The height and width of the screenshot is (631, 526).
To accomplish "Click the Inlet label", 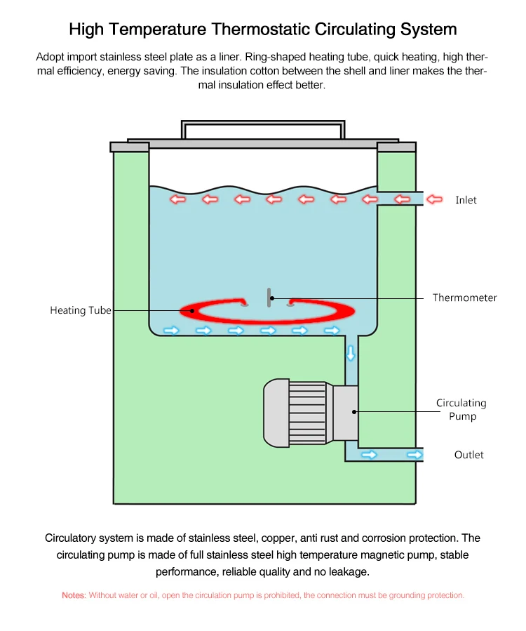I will [466, 200].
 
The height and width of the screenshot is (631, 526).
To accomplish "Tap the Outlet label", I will [468, 455].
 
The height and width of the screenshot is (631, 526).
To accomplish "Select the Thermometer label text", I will [464, 298].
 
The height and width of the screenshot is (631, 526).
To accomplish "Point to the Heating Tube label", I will [80, 310].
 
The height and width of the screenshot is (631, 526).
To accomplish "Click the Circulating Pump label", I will [461, 409].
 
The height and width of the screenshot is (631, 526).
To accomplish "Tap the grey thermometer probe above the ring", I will [269, 298].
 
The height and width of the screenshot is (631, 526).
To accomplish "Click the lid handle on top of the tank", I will [263, 129].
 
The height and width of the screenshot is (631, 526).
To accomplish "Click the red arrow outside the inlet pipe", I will [435, 199].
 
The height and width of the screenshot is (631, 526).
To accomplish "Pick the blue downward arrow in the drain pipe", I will [351, 353].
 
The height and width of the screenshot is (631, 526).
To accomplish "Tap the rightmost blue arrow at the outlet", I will [414, 455].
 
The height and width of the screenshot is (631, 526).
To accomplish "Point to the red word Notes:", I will [74, 595].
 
